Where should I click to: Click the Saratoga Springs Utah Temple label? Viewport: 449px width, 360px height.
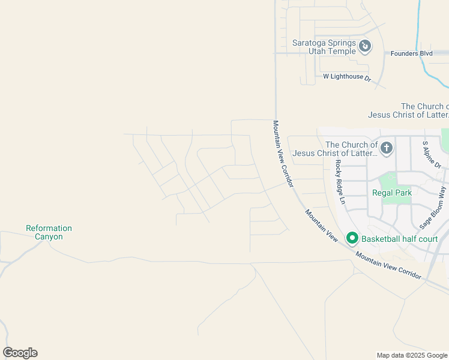(x=324, y=47)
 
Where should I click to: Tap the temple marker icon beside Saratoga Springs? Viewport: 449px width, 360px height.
(x=364, y=46)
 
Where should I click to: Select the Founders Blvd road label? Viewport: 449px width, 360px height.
(x=411, y=53)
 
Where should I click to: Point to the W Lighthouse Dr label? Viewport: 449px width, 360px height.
(x=347, y=77)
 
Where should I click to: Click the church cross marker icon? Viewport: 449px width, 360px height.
(x=387, y=147)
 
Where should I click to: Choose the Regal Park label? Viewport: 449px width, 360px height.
(x=392, y=193)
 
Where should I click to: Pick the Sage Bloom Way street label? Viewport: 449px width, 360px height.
(x=434, y=208)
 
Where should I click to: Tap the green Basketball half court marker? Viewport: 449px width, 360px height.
(x=352, y=239)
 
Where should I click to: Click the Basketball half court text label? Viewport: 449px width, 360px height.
(x=399, y=239)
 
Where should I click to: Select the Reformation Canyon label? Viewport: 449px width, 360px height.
(x=49, y=232)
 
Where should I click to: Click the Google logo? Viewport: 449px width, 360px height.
(x=20, y=353)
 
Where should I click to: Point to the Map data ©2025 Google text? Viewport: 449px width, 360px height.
(x=412, y=355)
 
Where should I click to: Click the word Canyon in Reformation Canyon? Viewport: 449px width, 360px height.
(x=49, y=236)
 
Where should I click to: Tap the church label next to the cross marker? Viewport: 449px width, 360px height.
(x=352, y=149)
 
